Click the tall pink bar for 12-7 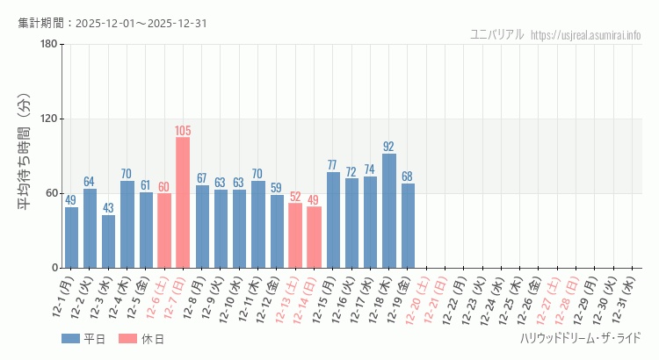[x=183, y=202]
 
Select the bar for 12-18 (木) [x=389, y=211]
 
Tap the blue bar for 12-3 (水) [x=108, y=241]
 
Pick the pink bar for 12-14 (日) [x=314, y=237]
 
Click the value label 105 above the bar [x=183, y=131]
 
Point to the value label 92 [x=389, y=147]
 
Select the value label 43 [x=108, y=208]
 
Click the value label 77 [x=333, y=165]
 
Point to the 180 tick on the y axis [x=48, y=45]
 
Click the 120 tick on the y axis [x=48, y=119]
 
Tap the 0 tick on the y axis [x=54, y=268]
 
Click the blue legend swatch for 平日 [x=69, y=339]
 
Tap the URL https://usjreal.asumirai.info [x=586, y=34]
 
